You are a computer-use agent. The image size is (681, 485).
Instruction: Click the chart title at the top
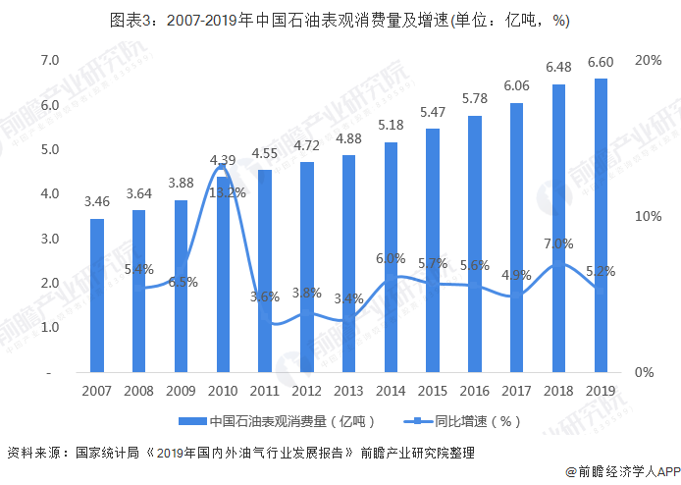[x=340, y=19]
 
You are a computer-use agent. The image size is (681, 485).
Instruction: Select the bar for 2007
[x=97, y=295]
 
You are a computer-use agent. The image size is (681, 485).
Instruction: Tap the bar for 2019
[x=600, y=226]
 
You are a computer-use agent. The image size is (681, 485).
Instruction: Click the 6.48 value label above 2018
[x=558, y=66]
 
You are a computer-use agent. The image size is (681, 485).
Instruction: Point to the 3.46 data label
[x=97, y=201]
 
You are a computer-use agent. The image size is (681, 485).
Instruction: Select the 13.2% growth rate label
[x=228, y=192]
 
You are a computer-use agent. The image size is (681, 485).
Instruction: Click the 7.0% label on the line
[x=557, y=243]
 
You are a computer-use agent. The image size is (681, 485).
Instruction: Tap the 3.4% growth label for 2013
[x=348, y=298]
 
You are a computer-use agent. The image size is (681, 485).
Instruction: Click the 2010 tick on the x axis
[x=223, y=390]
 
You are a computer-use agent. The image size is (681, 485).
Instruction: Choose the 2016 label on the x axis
[x=474, y=390]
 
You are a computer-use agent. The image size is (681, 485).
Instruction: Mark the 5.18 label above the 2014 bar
[x=391, y=125]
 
